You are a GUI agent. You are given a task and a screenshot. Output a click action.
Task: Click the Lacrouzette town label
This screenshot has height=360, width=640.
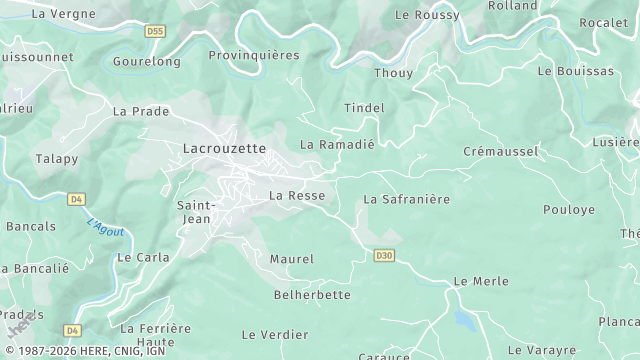224,148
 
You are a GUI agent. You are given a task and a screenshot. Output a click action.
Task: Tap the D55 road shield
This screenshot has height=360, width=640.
154,32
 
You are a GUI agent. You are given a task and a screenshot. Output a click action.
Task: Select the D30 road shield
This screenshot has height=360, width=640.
383,256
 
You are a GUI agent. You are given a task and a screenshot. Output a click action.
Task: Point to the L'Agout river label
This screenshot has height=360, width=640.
105,228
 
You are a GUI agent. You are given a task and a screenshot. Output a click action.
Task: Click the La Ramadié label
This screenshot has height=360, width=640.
337,144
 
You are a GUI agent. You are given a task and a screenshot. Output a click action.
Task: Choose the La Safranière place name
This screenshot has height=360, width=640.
406,199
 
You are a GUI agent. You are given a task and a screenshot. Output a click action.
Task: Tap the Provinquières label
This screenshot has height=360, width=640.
253,55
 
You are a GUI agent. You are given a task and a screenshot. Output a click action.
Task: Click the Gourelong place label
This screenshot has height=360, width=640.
147,61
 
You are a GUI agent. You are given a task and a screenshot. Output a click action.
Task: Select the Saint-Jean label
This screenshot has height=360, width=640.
194,212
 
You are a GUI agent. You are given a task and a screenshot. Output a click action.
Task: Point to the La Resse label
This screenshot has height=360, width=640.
297,195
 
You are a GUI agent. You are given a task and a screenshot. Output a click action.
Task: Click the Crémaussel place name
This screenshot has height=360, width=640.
501,151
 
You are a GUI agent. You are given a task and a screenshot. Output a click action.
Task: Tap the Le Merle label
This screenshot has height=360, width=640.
481,282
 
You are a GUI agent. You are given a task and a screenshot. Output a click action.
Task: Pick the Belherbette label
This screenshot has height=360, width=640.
312,295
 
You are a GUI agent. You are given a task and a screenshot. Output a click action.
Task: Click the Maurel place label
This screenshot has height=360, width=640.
291,259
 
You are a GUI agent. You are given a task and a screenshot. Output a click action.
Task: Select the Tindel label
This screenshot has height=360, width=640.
364,107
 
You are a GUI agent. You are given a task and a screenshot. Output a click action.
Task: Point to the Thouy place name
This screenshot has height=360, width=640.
392,73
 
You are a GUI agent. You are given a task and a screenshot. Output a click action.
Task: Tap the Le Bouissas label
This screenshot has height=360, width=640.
575,71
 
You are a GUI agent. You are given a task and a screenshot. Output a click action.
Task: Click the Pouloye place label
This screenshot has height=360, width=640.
568,210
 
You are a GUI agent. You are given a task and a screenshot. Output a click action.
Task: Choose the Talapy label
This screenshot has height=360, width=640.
57,158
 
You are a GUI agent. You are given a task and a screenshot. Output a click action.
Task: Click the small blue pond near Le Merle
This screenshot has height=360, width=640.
463,319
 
